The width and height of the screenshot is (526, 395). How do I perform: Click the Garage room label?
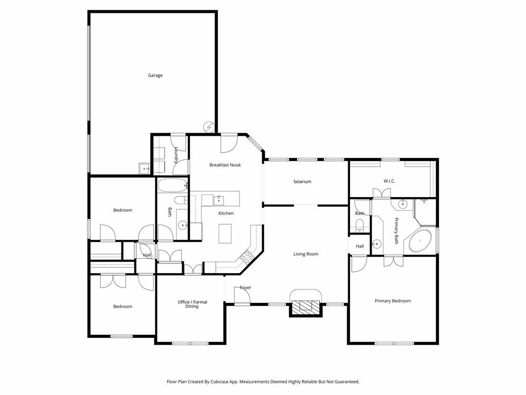tap(155, 76)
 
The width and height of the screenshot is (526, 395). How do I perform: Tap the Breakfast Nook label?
tap(225, 165)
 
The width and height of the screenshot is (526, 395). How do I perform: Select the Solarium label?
tap(302, 182)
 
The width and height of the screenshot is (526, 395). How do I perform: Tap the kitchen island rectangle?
tap(226, 234)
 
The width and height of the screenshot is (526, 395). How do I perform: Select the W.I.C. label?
tap(389, 181)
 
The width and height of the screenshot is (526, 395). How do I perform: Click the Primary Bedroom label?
tap(393, 301)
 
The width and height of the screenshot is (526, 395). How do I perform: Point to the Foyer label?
tap(245, 288)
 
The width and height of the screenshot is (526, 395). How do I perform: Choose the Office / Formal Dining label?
tap(192, 304)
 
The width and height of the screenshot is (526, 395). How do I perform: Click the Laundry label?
tap(176, 155)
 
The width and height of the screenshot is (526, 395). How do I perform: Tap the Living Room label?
tap(306, 254)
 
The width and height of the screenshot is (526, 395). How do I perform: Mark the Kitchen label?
tap(226, 213)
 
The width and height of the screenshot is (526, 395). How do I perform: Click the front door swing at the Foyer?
tap(242, 296)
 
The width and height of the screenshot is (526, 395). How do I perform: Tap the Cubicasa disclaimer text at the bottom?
tap(263, 382)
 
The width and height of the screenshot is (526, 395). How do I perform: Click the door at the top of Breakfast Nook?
tap(229, 144)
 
